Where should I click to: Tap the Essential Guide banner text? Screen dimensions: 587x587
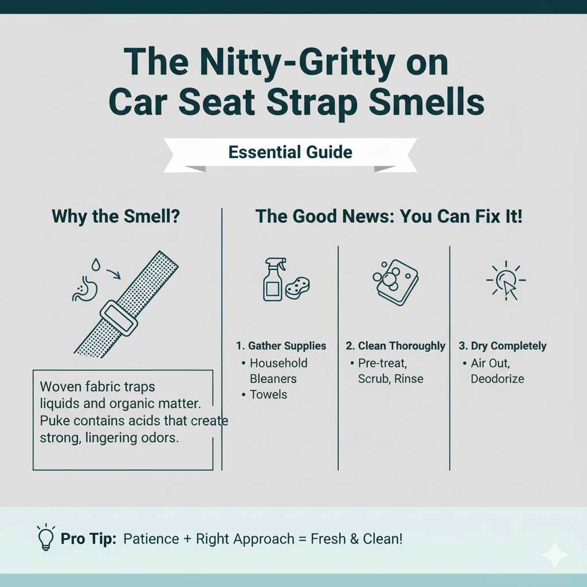(x=290, y=152)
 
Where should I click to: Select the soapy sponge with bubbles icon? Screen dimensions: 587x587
(x=394, y=278)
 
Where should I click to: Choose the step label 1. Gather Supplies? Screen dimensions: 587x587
(x=281, y=346)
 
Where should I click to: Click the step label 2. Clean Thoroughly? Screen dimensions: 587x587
(x=396, y=346)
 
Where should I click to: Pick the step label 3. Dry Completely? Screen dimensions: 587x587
(x=503, y=346)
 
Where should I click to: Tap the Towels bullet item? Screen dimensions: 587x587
(x=268, y=394)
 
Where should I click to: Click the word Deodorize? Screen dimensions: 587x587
(x=497, y=379)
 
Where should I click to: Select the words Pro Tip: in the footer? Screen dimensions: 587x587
(x=89, y=539)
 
